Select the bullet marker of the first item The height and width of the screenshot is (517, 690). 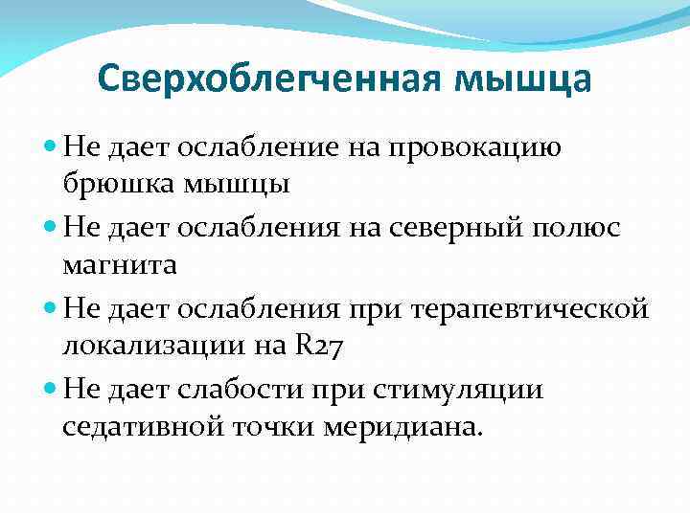pos(50,149)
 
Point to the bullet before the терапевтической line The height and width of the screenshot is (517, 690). pos(50,310)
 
